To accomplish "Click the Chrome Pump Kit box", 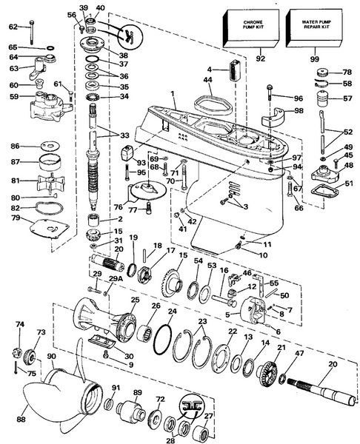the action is click(x=251, y=28).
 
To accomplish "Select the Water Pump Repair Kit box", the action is click(x=314, y=28).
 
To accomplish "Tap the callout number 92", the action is click(x=260, y=58).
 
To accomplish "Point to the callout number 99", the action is click(x=315, y=59).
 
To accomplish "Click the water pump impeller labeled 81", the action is click(x=50, y=181).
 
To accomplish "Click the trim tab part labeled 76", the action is click(x=147, y=191).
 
